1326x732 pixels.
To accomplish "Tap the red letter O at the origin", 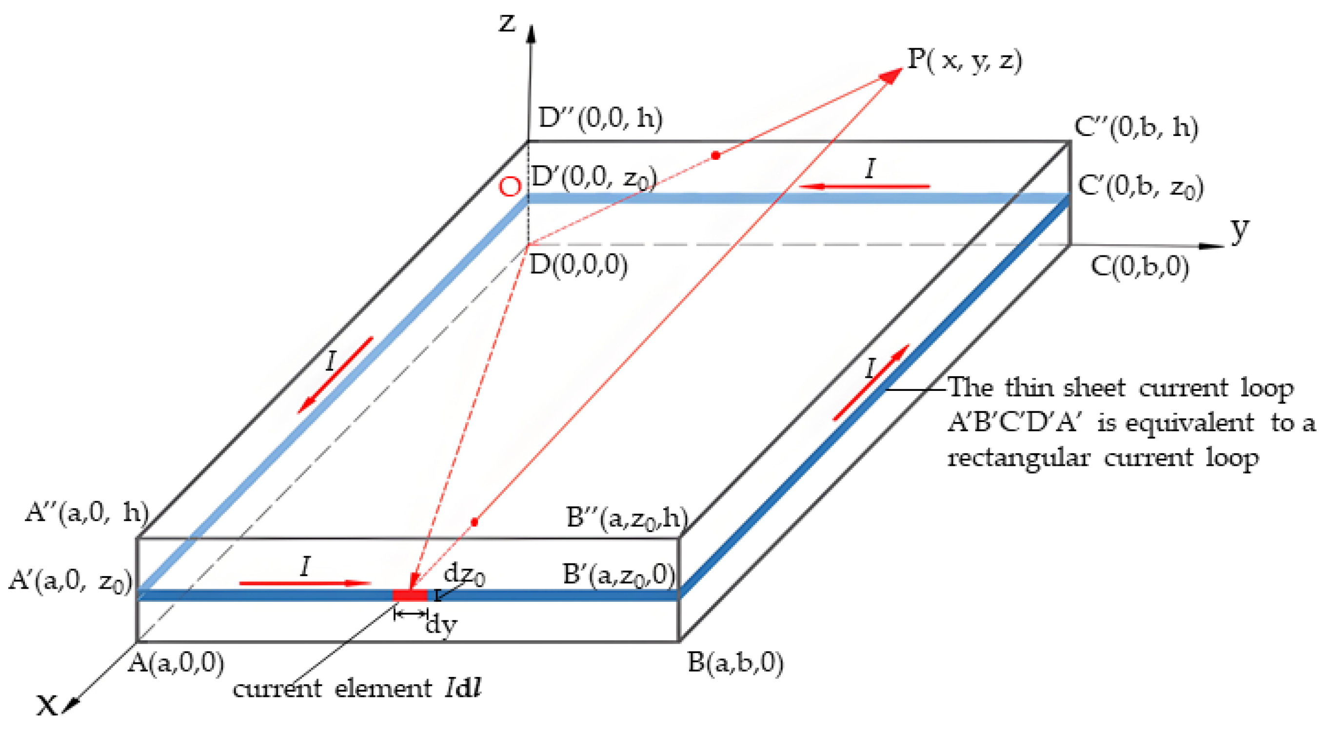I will (510, 187).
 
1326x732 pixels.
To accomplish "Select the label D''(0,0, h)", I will (600, 118).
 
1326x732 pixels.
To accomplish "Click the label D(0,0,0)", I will (578, 266).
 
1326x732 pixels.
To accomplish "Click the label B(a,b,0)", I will (735, 663).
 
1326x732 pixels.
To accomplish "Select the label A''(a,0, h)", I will (86, 513).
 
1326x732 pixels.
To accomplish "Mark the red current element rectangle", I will (410, 595).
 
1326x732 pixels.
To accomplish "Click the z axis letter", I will (508, 22).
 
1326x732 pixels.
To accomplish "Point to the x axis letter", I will (47, 705).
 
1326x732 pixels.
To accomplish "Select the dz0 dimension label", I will (464, 574).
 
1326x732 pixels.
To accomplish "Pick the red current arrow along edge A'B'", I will (305, 583).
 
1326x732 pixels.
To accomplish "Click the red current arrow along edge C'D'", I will (865, 186).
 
